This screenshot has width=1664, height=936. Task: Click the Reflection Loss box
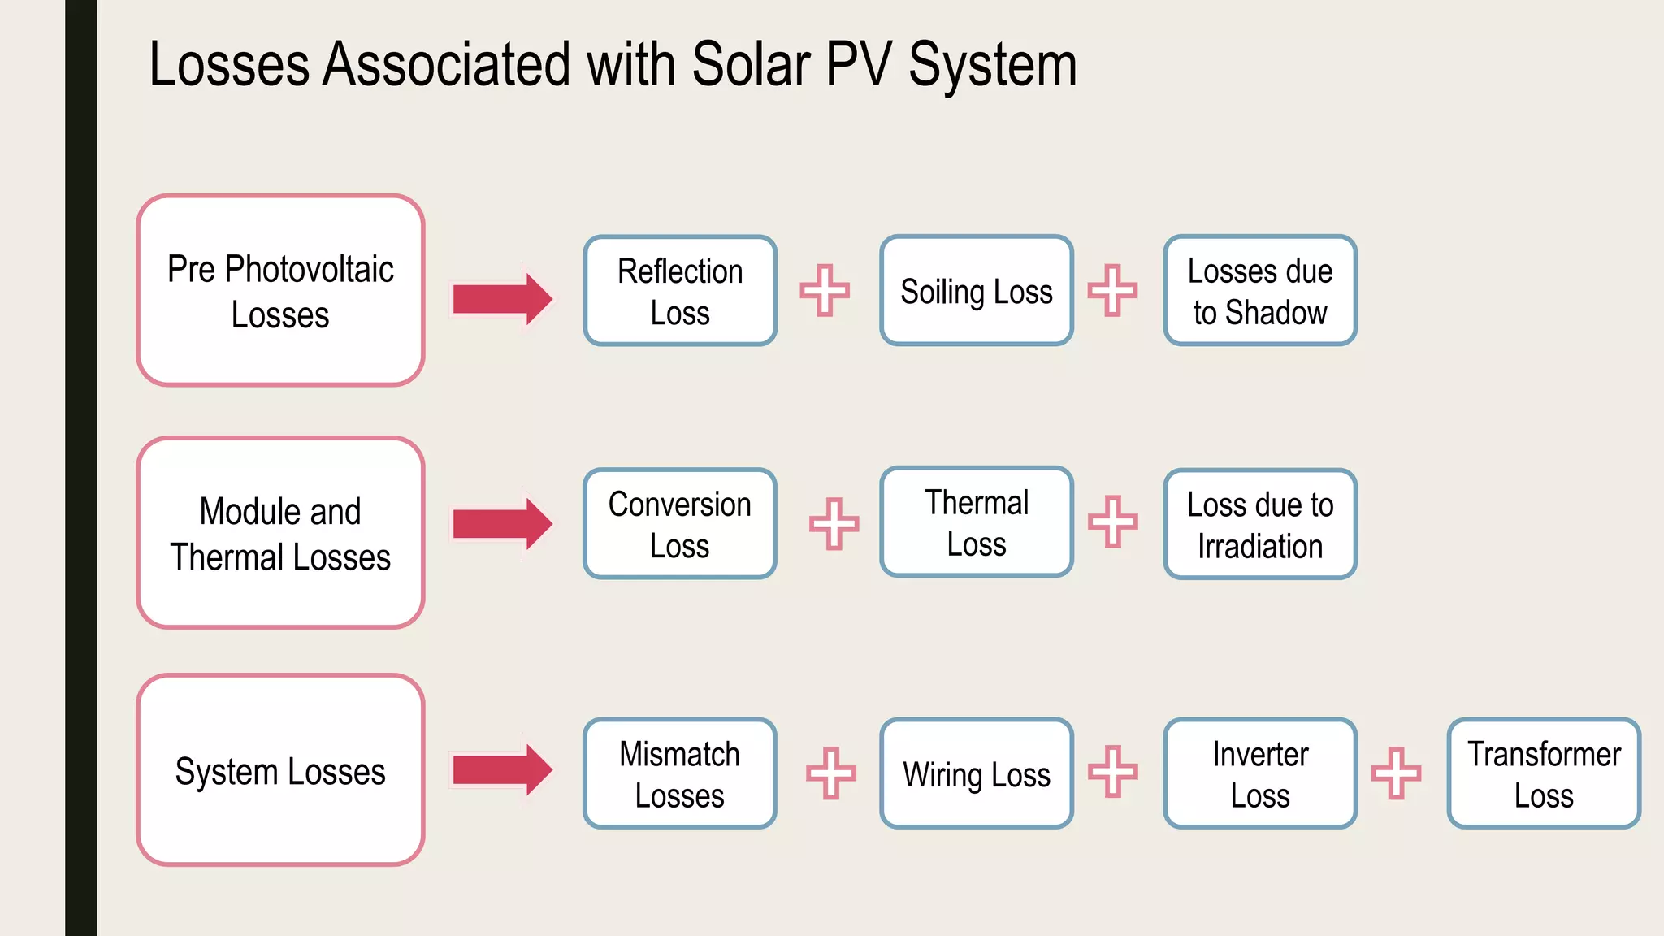tap(680, 291)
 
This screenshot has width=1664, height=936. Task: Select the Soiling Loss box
tap(976, 291)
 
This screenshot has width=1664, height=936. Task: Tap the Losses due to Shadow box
tap(1259, 291)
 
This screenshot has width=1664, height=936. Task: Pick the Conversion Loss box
tap(680, 524)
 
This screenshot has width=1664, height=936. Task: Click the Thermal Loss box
tap(976, 522)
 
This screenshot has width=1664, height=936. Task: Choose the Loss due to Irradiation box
tap(1259, 524)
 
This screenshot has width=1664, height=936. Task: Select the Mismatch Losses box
tap(680, 773)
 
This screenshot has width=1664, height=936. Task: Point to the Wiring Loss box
tap(976, 773)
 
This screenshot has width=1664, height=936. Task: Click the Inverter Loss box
tap(1259, 773)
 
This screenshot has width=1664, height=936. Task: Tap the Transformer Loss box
tap(1543, 773)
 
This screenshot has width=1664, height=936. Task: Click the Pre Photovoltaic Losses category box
tap(280, 290)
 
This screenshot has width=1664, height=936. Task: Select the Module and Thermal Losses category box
tap(280, 533)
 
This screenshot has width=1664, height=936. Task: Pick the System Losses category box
tap(280, 770)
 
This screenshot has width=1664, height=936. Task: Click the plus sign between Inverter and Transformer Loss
tap(1396, 773)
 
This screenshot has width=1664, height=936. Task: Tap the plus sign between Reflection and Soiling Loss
tap(825, 290)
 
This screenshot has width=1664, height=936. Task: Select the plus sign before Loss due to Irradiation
tap(1112, 522)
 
